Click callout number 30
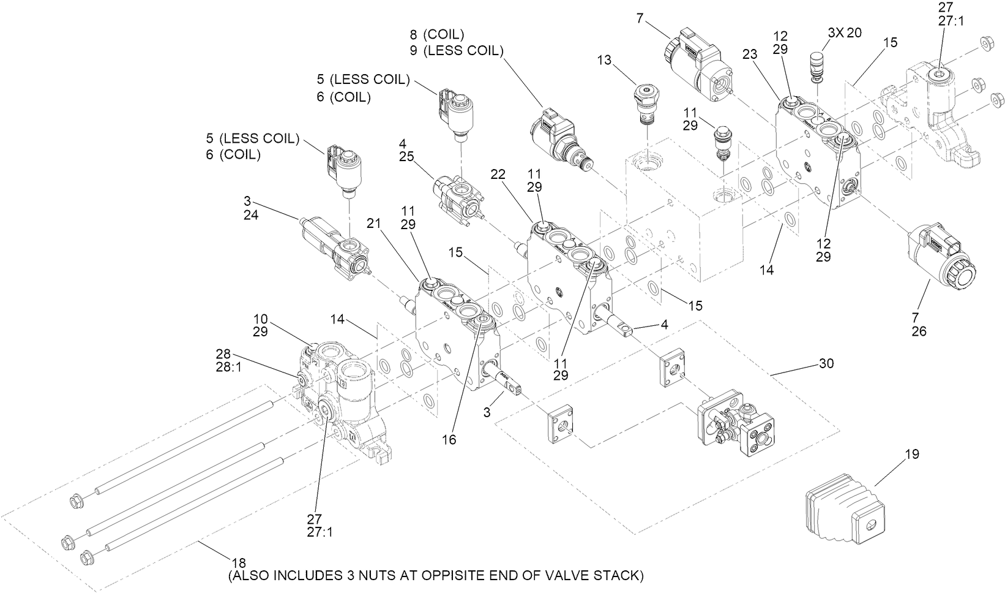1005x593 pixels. tap(826, 363)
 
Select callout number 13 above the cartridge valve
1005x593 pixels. tap(604, 60)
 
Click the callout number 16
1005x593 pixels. tap(449, 440)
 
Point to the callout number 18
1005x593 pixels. tap(238, 562)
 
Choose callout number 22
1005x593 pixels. tap(498, 175)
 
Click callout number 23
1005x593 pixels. tap(750, 54)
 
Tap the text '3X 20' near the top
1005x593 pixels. tap(845, 32)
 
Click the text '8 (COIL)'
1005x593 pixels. tap(437, 34)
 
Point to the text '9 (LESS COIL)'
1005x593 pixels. tap(456, 51)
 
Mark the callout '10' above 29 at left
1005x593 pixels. tap(261, 319)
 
